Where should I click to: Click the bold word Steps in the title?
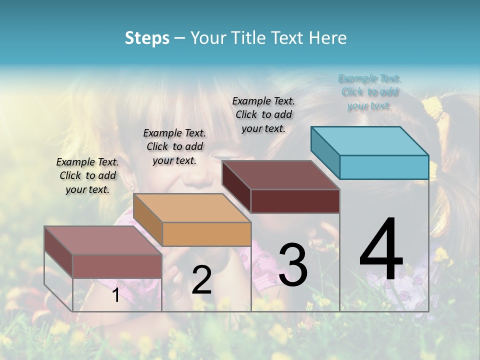point(147,38)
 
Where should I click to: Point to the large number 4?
point(381,250)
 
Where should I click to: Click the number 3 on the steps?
point(292,265)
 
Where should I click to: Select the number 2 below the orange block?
point(201,280)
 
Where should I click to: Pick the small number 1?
point(115,295)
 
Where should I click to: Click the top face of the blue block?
point(370,140)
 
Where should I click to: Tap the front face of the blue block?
point(384,167)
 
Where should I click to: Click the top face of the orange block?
point(192,207)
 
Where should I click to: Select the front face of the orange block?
point(206,234)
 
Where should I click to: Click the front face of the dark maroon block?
point(295,201)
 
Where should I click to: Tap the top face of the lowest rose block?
point(103,240)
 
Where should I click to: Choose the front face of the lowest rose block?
point(117,266)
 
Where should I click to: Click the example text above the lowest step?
point(87,175)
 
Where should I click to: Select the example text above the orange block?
point(174,146)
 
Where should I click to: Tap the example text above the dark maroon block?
point(263,114)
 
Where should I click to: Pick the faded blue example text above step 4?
point(369,91)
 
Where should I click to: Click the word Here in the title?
point(328,38)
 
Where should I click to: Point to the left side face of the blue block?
point(325,152)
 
